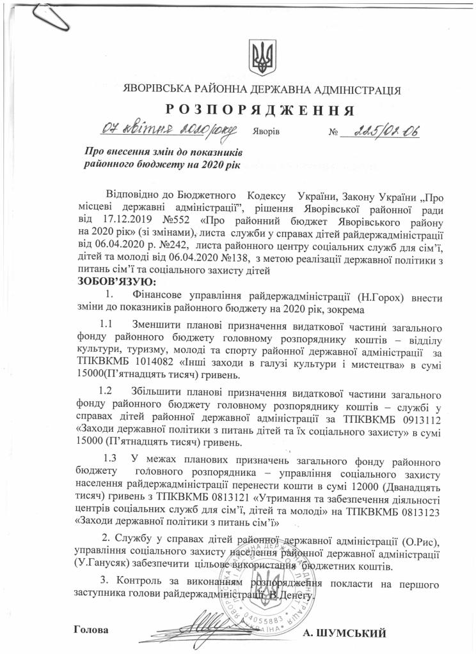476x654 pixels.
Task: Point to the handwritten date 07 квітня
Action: tap(140, 132)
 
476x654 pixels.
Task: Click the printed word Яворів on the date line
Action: tap(264, 133)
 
